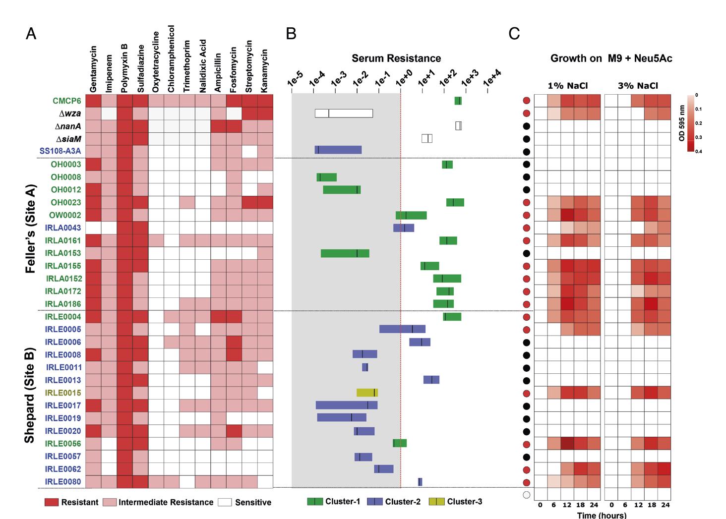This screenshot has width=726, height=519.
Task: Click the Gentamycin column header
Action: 93,69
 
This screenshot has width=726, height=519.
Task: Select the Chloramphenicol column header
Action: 171,58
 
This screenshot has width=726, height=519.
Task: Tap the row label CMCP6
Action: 67,101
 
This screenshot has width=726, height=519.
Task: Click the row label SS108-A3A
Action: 60,151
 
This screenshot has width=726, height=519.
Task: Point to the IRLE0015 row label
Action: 63,393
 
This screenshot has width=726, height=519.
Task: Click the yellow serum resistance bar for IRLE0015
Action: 367,393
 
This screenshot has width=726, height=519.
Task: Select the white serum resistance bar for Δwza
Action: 344,113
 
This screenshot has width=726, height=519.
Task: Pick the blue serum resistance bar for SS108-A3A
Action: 338,150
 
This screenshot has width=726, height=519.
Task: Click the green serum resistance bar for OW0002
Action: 411,215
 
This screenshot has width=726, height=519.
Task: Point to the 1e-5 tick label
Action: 295,79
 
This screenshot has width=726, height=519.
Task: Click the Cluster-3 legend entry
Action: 455,502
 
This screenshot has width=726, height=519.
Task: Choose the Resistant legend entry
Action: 71,502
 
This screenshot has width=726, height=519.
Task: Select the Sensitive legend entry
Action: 244,502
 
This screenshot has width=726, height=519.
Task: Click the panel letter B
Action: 291,33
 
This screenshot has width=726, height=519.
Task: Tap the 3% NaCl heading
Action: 638,86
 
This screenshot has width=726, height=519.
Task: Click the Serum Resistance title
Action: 396,58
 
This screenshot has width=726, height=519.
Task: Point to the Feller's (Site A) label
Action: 30,229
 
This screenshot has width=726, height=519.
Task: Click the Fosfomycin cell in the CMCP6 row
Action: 234,101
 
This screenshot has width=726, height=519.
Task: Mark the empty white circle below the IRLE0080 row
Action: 527,495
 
